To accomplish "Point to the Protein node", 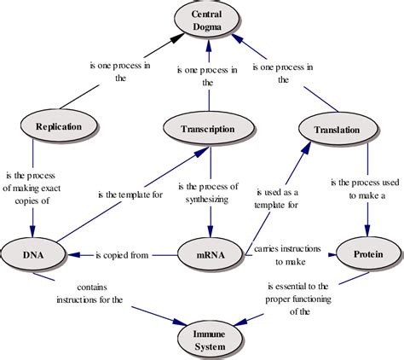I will (x=367, y=253).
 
